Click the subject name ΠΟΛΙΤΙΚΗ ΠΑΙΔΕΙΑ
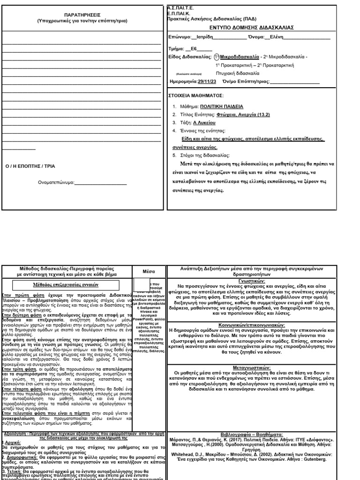tap(223, 107)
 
